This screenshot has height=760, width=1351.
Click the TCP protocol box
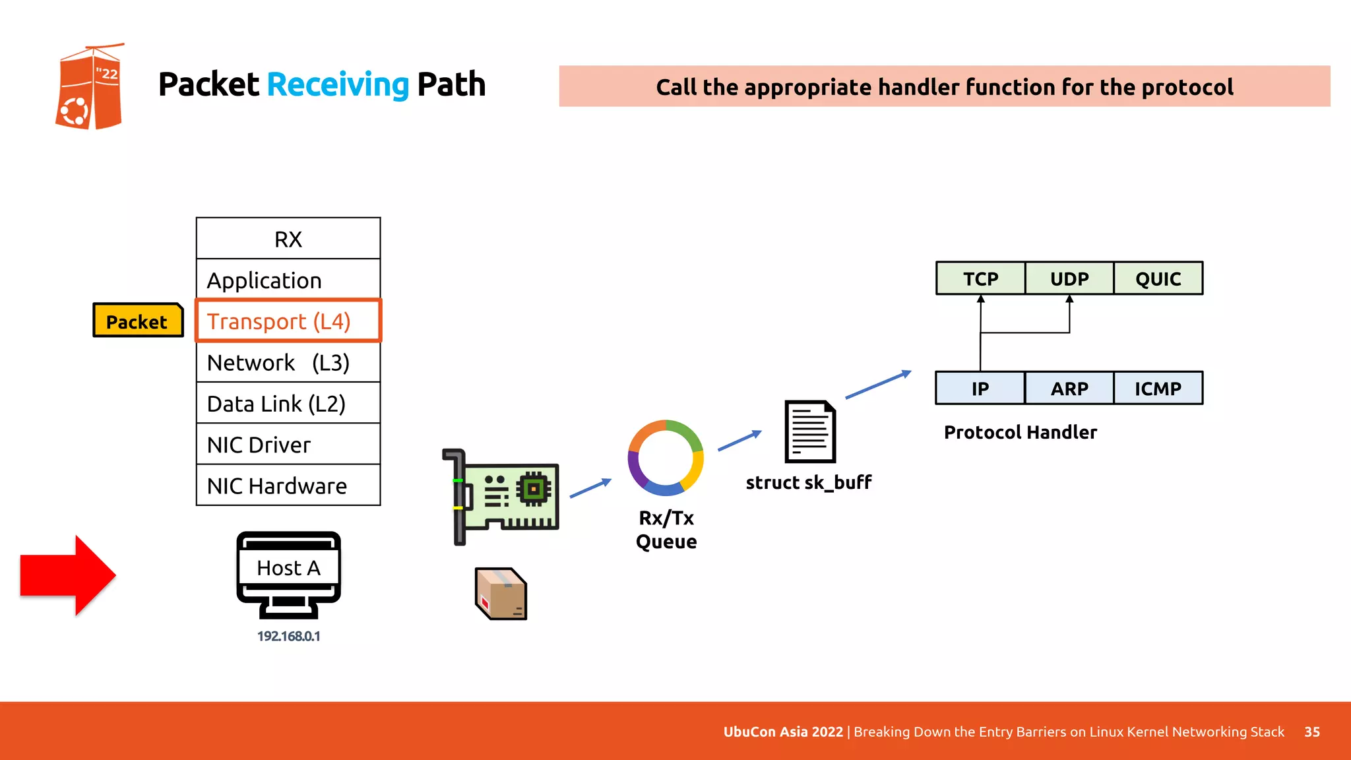pos(980,278)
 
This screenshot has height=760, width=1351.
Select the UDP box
pos(1069,278)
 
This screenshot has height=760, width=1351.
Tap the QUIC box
pos(1158,278)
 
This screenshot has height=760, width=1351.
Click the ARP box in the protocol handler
pos(1069,389)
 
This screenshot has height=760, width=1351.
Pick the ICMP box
pos(1158,389)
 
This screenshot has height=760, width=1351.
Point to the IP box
pos(980,389)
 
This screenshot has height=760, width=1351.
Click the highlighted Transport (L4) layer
pos(288,321)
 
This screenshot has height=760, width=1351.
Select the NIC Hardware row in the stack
pos(288,486)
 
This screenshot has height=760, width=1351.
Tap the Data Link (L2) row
pos(288,403)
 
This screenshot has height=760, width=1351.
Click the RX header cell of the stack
pos(288,239)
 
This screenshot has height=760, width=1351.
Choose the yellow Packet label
pos(137,321)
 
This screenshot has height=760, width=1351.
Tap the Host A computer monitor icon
pos(288,574)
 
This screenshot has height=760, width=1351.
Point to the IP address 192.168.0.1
pos(288,636)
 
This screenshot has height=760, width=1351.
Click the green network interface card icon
pos(501,496)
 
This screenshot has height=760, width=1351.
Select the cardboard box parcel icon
pos(501,594)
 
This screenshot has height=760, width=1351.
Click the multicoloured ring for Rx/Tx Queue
pos(666,458)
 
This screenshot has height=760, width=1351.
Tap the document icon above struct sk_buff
pos(810,431)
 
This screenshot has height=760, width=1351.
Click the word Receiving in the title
pos(338,84)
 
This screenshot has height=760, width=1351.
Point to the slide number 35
pos(1312,732)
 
